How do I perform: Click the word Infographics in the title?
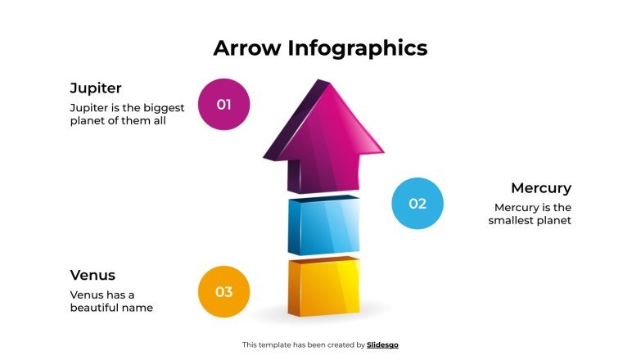click(357, 48)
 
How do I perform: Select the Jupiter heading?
click(96, 88)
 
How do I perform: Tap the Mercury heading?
click(540, 188)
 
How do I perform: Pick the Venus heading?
click(93, 275)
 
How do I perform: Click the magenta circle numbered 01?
click(223, 105)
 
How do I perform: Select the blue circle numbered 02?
click(418, 204)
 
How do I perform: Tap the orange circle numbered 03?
click(223, 292)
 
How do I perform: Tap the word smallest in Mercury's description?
click(513, 221)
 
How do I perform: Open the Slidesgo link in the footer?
click(382, 345)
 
